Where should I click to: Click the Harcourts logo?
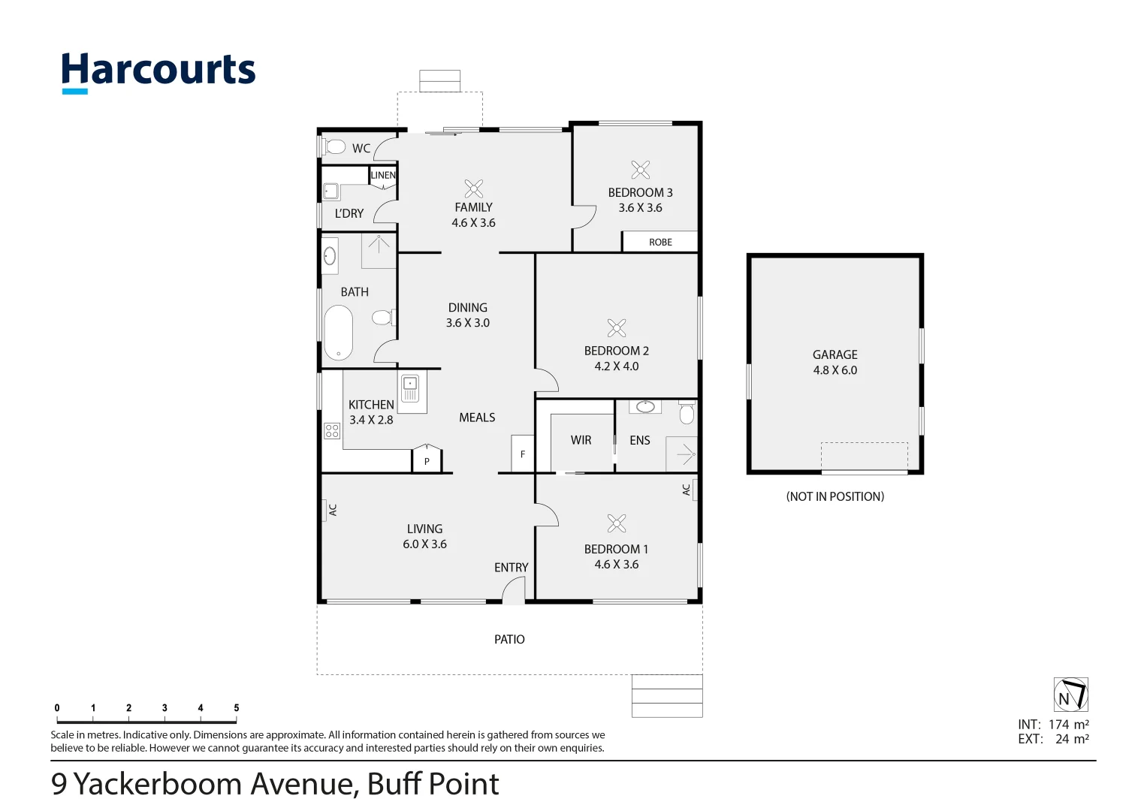(x=158, y=71)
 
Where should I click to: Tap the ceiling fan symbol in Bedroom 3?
(x=640, y=170)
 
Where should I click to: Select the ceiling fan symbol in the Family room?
(x=473, y=188)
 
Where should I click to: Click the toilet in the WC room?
(x=334, y=146)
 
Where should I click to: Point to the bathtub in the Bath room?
(x=338, y=333)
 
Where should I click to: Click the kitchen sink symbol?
(x=409, y=389)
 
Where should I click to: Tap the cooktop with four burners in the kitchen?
(x=332, y=430)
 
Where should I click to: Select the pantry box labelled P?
(x=427, y=460)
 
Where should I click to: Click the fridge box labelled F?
(x=523, y=454)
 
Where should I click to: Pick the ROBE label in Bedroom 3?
(x=660, y=242)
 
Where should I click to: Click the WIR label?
(x=581, y=440)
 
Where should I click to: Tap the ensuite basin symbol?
(x=644, y=407)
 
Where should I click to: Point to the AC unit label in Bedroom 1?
(x=687, y=490)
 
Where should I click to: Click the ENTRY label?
(x=511, y=568)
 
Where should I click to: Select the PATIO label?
(x=509, y=639)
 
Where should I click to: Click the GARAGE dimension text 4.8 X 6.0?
(x=835, y=370)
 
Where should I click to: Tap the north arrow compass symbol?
(x=1070, y=695)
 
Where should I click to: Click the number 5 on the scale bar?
(x=236, y=708)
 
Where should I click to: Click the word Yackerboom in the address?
(x=158, y=784)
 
